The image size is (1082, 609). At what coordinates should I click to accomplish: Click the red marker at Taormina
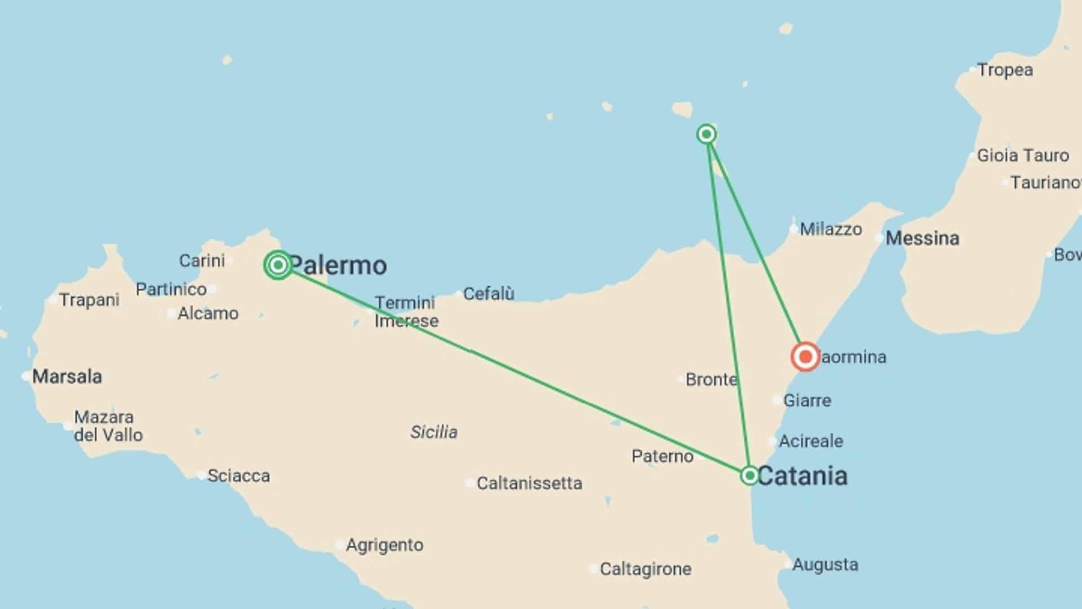[x=805, y=357]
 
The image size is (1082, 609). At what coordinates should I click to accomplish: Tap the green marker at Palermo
[x=278, y=265]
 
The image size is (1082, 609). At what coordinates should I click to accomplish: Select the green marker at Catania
[x=750, y=475]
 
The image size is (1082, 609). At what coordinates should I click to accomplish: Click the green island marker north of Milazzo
[x=707, y=134]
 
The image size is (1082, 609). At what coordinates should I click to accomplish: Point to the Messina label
[x=922, y=238]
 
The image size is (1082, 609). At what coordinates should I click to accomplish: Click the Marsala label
[x=67, y=376]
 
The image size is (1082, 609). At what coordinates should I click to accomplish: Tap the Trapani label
[x=89, y=299]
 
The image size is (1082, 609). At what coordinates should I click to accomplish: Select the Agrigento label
[x=384, y=545]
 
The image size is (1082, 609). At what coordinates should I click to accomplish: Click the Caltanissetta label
[x=529, y=483]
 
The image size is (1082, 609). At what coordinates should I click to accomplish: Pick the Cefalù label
[x=489, y=294]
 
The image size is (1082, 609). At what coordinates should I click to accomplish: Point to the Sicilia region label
[x=433, y=432]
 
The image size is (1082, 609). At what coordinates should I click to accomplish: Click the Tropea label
[x=1005, y=70]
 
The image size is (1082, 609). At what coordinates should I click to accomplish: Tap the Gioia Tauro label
[x=1022, y=156]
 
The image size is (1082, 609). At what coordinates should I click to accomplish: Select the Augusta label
[x=825, y=564]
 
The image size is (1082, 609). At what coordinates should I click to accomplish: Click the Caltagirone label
[x=645, y=569]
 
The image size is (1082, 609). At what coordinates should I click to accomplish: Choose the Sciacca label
[x=238, y=476]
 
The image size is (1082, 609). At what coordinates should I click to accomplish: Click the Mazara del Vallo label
[x=108, y=426]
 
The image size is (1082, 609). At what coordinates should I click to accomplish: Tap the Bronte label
[x=711, y=379]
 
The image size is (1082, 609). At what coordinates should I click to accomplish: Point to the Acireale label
[x=811, y=441]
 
